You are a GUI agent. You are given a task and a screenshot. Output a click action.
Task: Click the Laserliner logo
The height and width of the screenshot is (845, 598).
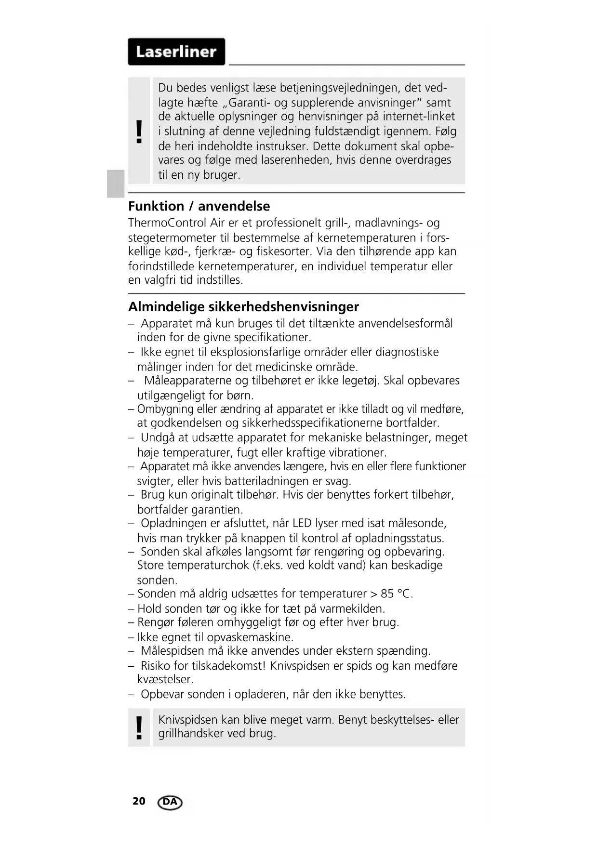pyautogui.click(x=176, y=52)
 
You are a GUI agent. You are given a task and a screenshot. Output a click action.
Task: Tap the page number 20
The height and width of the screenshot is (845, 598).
pyautogui.click(x=139, y=801)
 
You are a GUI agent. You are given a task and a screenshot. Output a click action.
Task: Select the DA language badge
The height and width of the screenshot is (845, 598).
pyautogui.click(x=170, y=802)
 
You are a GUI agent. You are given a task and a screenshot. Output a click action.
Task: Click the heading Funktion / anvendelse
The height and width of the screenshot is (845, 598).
pyautogui.click(x=199, y=206)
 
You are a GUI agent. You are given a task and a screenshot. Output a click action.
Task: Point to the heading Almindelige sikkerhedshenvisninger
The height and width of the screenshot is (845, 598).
pyautogui.click(x=243, y=307)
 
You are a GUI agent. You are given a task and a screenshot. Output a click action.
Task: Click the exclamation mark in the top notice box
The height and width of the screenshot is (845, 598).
pyautogui.click(x=139, y=132)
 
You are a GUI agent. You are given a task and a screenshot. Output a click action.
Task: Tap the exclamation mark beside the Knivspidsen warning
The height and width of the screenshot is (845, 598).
pyautogui.click(x=139, y=727)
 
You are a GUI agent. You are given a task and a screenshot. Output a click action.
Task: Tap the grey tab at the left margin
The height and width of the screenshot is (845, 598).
pyautogui.click(x=116, y=184)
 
